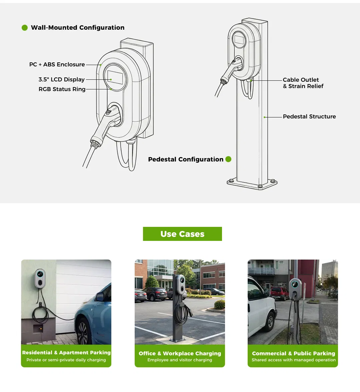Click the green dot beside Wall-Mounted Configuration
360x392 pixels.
(x=25, y=28)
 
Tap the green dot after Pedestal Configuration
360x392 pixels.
(x=228, y=159)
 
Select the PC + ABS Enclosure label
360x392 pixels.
(x=57, y=64)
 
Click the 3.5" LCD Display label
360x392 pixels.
(x=61, y=79)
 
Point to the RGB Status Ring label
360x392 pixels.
(x=62, y=89)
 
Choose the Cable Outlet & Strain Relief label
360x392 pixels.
(x=303, y=83)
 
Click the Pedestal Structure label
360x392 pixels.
(x=309, y=116)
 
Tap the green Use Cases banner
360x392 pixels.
(x=182, y=234)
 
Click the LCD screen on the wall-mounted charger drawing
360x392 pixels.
(x=115, y=77)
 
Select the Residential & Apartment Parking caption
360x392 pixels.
(x=66, y=353)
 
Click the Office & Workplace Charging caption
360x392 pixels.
(x=180, y=354)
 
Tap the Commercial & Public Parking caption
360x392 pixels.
(x=294, y=354)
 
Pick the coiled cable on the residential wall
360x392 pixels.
(x=40, y=315)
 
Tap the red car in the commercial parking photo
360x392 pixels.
(x=280, y=293)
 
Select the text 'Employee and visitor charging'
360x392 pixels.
(x=180, y=360)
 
